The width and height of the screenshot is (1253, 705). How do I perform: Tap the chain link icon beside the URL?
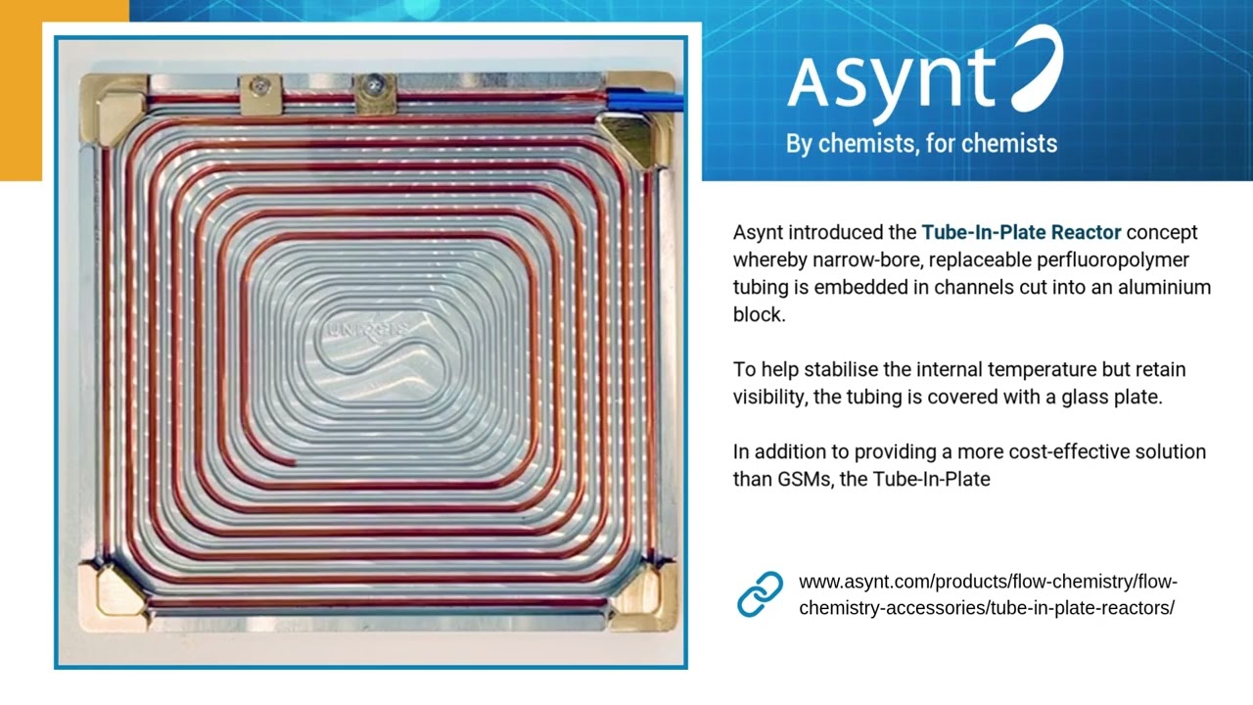[760, 594]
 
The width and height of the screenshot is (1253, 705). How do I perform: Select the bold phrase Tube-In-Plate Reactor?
[1021, 233]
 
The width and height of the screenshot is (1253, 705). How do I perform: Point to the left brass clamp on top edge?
[260, 94]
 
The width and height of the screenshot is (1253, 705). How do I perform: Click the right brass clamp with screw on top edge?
[375, 92]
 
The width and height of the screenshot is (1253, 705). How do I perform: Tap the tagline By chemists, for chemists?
[921, 144]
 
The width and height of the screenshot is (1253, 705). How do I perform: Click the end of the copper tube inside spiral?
[293, 461]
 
